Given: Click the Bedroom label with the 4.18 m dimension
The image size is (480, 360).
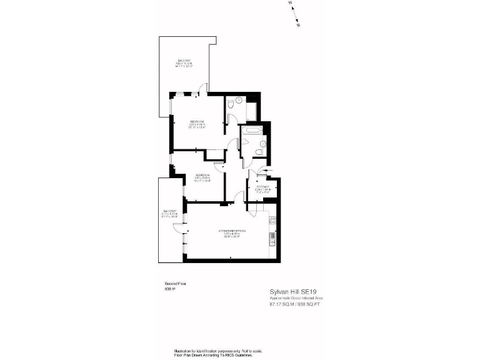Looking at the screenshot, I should pyautogui.click(x=197, y=124).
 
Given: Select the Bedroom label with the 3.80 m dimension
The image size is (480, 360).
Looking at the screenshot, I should pyautogui.click(x=201, y=177).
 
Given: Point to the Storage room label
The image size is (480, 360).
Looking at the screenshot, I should pyautogui.click(x=262, y=189).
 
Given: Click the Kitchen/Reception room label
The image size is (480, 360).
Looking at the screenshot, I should pyautogui.click(x=232, y=233).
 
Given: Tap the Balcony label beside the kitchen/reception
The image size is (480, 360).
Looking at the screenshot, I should pyautogui.click(x=171, y=214).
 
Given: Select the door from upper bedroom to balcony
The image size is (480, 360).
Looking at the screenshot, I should pyautogui.click(x=196, y=95).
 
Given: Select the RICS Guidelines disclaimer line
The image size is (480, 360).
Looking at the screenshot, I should pyautogui.click(x=213, y=354).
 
